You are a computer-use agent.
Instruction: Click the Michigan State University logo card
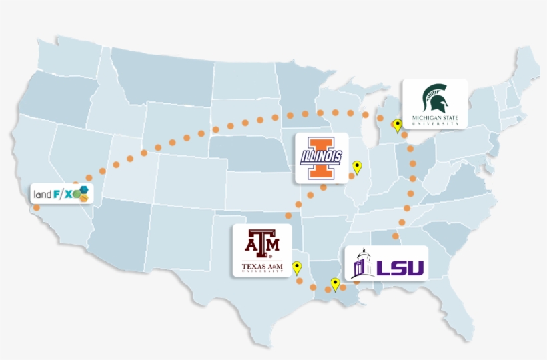pos(434,104)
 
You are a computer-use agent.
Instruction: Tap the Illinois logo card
pos(322,158)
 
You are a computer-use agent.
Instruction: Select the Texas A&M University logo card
pos(261,251)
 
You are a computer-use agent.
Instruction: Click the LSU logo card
pos(386,263)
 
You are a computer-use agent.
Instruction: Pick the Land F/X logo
pos(61,194)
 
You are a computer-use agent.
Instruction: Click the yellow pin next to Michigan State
pos(398,125)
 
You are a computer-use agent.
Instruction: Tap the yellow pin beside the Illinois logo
pos(357,167)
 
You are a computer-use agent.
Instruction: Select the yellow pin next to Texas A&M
pos(297,267)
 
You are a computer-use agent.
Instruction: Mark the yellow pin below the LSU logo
pos(335,284)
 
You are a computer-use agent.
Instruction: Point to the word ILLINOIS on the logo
pos(322,158)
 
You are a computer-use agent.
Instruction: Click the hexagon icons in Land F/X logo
pos(81,194)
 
